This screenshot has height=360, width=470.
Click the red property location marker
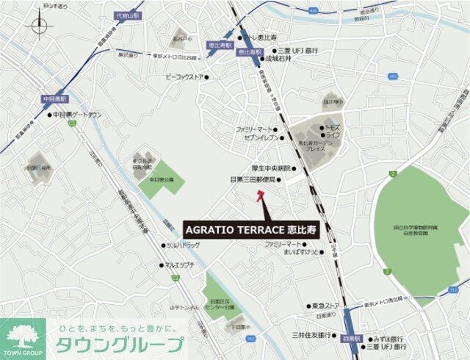[259, 195]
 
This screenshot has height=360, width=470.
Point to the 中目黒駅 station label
[54, 98]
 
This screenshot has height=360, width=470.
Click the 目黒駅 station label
[352, 339]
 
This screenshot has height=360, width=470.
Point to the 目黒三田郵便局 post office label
[253, 179]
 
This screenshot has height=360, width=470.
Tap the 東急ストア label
[325, 305]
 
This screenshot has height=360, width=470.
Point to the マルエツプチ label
[178, 264]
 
